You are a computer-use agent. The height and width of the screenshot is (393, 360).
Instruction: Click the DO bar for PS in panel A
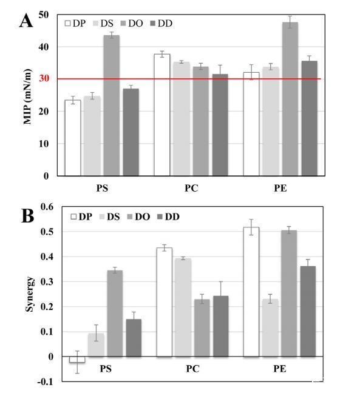click(112, 106)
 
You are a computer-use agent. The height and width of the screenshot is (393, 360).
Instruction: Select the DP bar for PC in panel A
click(162, 115)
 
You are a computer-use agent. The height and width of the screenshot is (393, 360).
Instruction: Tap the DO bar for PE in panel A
click(290, 99)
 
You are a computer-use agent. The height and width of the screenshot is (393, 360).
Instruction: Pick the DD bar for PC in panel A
click(220, 125)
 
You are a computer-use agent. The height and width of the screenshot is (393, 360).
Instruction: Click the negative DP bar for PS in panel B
click(77, 360)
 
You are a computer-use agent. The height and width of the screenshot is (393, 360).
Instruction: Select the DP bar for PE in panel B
click(251, 292)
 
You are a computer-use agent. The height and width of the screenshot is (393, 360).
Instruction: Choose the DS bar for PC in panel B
click(183, 307)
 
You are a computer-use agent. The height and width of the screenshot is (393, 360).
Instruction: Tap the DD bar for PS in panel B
click(134, 338)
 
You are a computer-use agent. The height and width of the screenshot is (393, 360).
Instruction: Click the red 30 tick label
click(44, 78)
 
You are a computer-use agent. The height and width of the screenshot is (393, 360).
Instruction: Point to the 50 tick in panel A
click(44, 15)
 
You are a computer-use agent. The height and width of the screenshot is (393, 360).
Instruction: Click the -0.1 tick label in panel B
click(46, 382)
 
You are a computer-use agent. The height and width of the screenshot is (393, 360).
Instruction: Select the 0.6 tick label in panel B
click(47, 207)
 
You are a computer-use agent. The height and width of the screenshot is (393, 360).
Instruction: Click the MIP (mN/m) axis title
click(27, 96)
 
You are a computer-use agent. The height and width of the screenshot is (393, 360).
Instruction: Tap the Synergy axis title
click(29, 294)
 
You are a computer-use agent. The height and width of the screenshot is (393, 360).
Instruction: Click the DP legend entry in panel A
click(75, 24)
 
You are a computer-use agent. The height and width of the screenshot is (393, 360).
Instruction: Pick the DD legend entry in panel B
click(168, 217)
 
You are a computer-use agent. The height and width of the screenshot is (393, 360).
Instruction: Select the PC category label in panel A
click(191, 188)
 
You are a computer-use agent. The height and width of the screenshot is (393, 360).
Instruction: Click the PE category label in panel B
click(280, 369)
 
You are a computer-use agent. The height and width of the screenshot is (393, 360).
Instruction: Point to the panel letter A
click(26, 21)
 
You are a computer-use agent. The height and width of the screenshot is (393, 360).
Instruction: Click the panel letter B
click(27, 215)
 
